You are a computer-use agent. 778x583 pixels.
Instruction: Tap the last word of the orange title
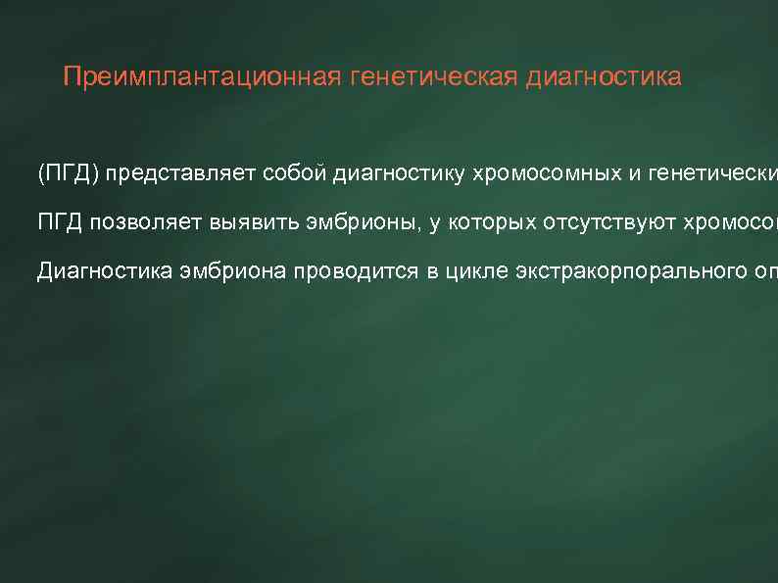coord(604,77)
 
